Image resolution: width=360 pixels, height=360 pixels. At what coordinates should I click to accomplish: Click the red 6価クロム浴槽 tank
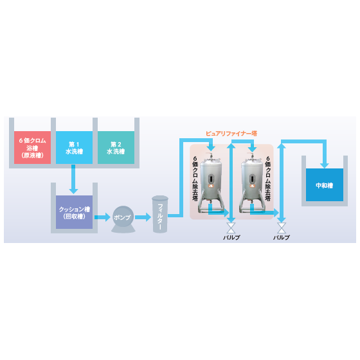[x=32, y=147]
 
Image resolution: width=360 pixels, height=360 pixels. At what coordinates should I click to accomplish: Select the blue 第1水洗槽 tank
[x=74, y=147]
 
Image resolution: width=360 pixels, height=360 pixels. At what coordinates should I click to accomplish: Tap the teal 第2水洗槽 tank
[x=116, y=147]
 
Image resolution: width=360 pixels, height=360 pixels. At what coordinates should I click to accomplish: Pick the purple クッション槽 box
[x=74, y=212]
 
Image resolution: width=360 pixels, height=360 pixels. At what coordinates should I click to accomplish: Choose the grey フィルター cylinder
[x=160, y=214]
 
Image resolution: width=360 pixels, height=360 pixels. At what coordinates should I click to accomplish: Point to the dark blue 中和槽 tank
[x=325, y=185]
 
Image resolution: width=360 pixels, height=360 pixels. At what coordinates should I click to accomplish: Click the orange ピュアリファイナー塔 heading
[x=231, y=134]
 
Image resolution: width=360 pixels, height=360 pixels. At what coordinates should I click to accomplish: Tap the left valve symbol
[x=231, y=228]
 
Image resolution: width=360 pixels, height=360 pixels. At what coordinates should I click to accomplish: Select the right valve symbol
[x=282, y=228]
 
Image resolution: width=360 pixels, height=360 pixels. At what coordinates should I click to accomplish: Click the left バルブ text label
[x=231, y=237]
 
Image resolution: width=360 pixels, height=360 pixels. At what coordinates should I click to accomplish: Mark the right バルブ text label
[x=282, y=237]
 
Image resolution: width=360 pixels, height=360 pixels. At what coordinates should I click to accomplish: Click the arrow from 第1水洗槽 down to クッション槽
[x=73, y=179]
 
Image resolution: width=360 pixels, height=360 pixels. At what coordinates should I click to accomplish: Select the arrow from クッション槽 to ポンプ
[x=102, y=217]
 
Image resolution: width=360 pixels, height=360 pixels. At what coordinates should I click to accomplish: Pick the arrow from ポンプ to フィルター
[x=143, y=217]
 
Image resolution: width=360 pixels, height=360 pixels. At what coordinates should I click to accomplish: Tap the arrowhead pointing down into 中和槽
[x=325, y=165]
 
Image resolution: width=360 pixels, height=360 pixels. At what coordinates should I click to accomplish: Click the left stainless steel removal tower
[x=211, y=183]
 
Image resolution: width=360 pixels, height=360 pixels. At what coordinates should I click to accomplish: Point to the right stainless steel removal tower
[x=251, y=183]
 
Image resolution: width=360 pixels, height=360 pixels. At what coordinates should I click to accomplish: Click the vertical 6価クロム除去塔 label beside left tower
[x=195, y=179]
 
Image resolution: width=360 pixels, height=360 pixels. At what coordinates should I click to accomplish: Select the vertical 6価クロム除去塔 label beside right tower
[x=267, y=179]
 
